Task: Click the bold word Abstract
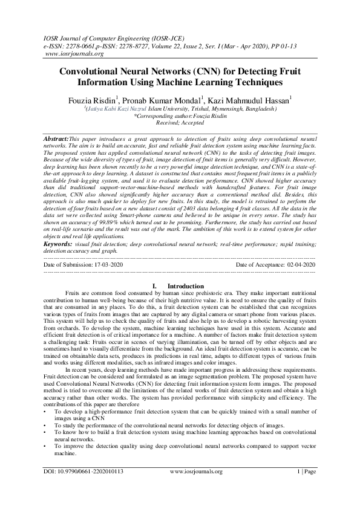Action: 57,139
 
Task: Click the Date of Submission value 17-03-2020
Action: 111,265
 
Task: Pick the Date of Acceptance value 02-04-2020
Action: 301,265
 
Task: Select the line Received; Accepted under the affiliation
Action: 180,120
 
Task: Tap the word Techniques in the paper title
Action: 257,82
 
